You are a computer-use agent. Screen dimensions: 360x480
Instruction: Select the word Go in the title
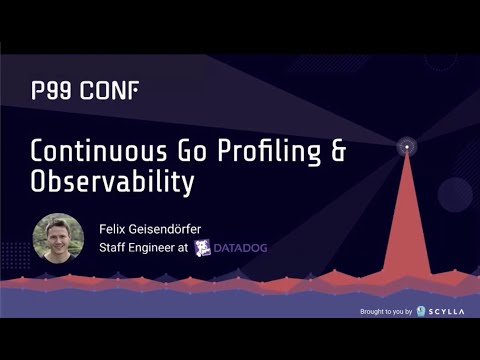coord(189,151)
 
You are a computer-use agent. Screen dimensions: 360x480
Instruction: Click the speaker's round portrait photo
coord(58,238)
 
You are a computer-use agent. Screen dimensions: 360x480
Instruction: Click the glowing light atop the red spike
coord(407,149)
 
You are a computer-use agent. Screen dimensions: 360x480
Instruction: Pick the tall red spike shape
coord(407,230)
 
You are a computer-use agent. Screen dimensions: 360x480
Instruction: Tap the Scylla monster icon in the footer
coord(422,311)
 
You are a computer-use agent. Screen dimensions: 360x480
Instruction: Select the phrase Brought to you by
coord(385,312)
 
